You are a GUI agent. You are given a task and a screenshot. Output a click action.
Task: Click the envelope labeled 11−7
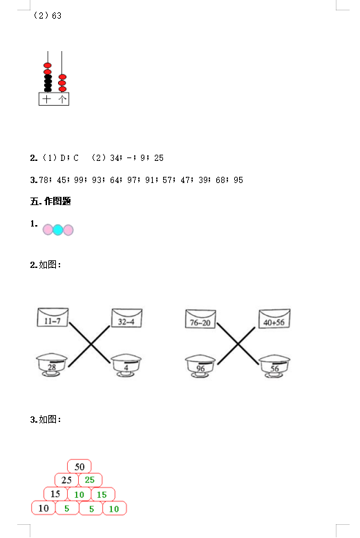click(53, 317)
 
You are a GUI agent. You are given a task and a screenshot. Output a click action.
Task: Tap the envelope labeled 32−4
click(126, 318)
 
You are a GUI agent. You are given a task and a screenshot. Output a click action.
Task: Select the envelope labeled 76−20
click(200, 319)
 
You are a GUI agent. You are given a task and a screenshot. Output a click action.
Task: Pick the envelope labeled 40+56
click(274, 318)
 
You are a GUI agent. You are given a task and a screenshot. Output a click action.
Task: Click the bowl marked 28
click(52, 365)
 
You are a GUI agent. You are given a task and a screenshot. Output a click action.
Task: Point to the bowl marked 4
click(126, 365)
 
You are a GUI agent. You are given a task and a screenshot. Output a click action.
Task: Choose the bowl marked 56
click(274, 367)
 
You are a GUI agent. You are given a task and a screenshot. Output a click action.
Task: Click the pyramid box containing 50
click(79, 467)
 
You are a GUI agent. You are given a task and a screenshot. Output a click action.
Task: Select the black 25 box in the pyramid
click(66, 480)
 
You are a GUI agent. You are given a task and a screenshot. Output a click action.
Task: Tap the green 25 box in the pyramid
click(91, 480)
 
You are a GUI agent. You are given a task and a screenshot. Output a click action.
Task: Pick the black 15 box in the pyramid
click(55, 494)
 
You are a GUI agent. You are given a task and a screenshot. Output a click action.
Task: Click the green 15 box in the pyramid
click(103, 494)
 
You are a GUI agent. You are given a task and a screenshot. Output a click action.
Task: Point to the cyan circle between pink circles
click(58, 229)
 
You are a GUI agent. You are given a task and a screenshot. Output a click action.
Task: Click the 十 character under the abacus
click(46, 99)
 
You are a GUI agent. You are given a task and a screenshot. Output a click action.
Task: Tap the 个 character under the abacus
click(62, 99)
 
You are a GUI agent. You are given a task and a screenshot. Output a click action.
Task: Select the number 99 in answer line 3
click(79, 180)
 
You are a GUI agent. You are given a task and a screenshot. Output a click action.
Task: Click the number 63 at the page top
click(57, 16)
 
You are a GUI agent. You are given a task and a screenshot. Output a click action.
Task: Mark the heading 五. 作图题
click(50, 202)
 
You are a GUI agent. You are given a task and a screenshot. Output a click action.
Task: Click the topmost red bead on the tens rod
click(48, 65)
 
